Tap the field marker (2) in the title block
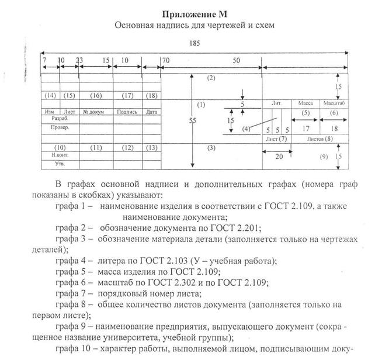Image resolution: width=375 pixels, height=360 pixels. [211, 78]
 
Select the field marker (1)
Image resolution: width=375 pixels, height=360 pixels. [201, 105]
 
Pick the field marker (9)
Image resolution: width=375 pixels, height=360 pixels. [324, 157]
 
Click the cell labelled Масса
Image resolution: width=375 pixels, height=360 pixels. [304, 103]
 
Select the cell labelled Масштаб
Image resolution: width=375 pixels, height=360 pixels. [334, 103]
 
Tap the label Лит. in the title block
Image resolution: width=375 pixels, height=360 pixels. [276, 103]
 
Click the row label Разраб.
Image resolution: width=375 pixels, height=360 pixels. [52, 118]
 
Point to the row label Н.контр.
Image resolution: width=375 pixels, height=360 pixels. [53, 155]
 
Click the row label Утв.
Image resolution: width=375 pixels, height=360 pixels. [51, 164]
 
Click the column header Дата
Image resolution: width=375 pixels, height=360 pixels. [152, 110]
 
